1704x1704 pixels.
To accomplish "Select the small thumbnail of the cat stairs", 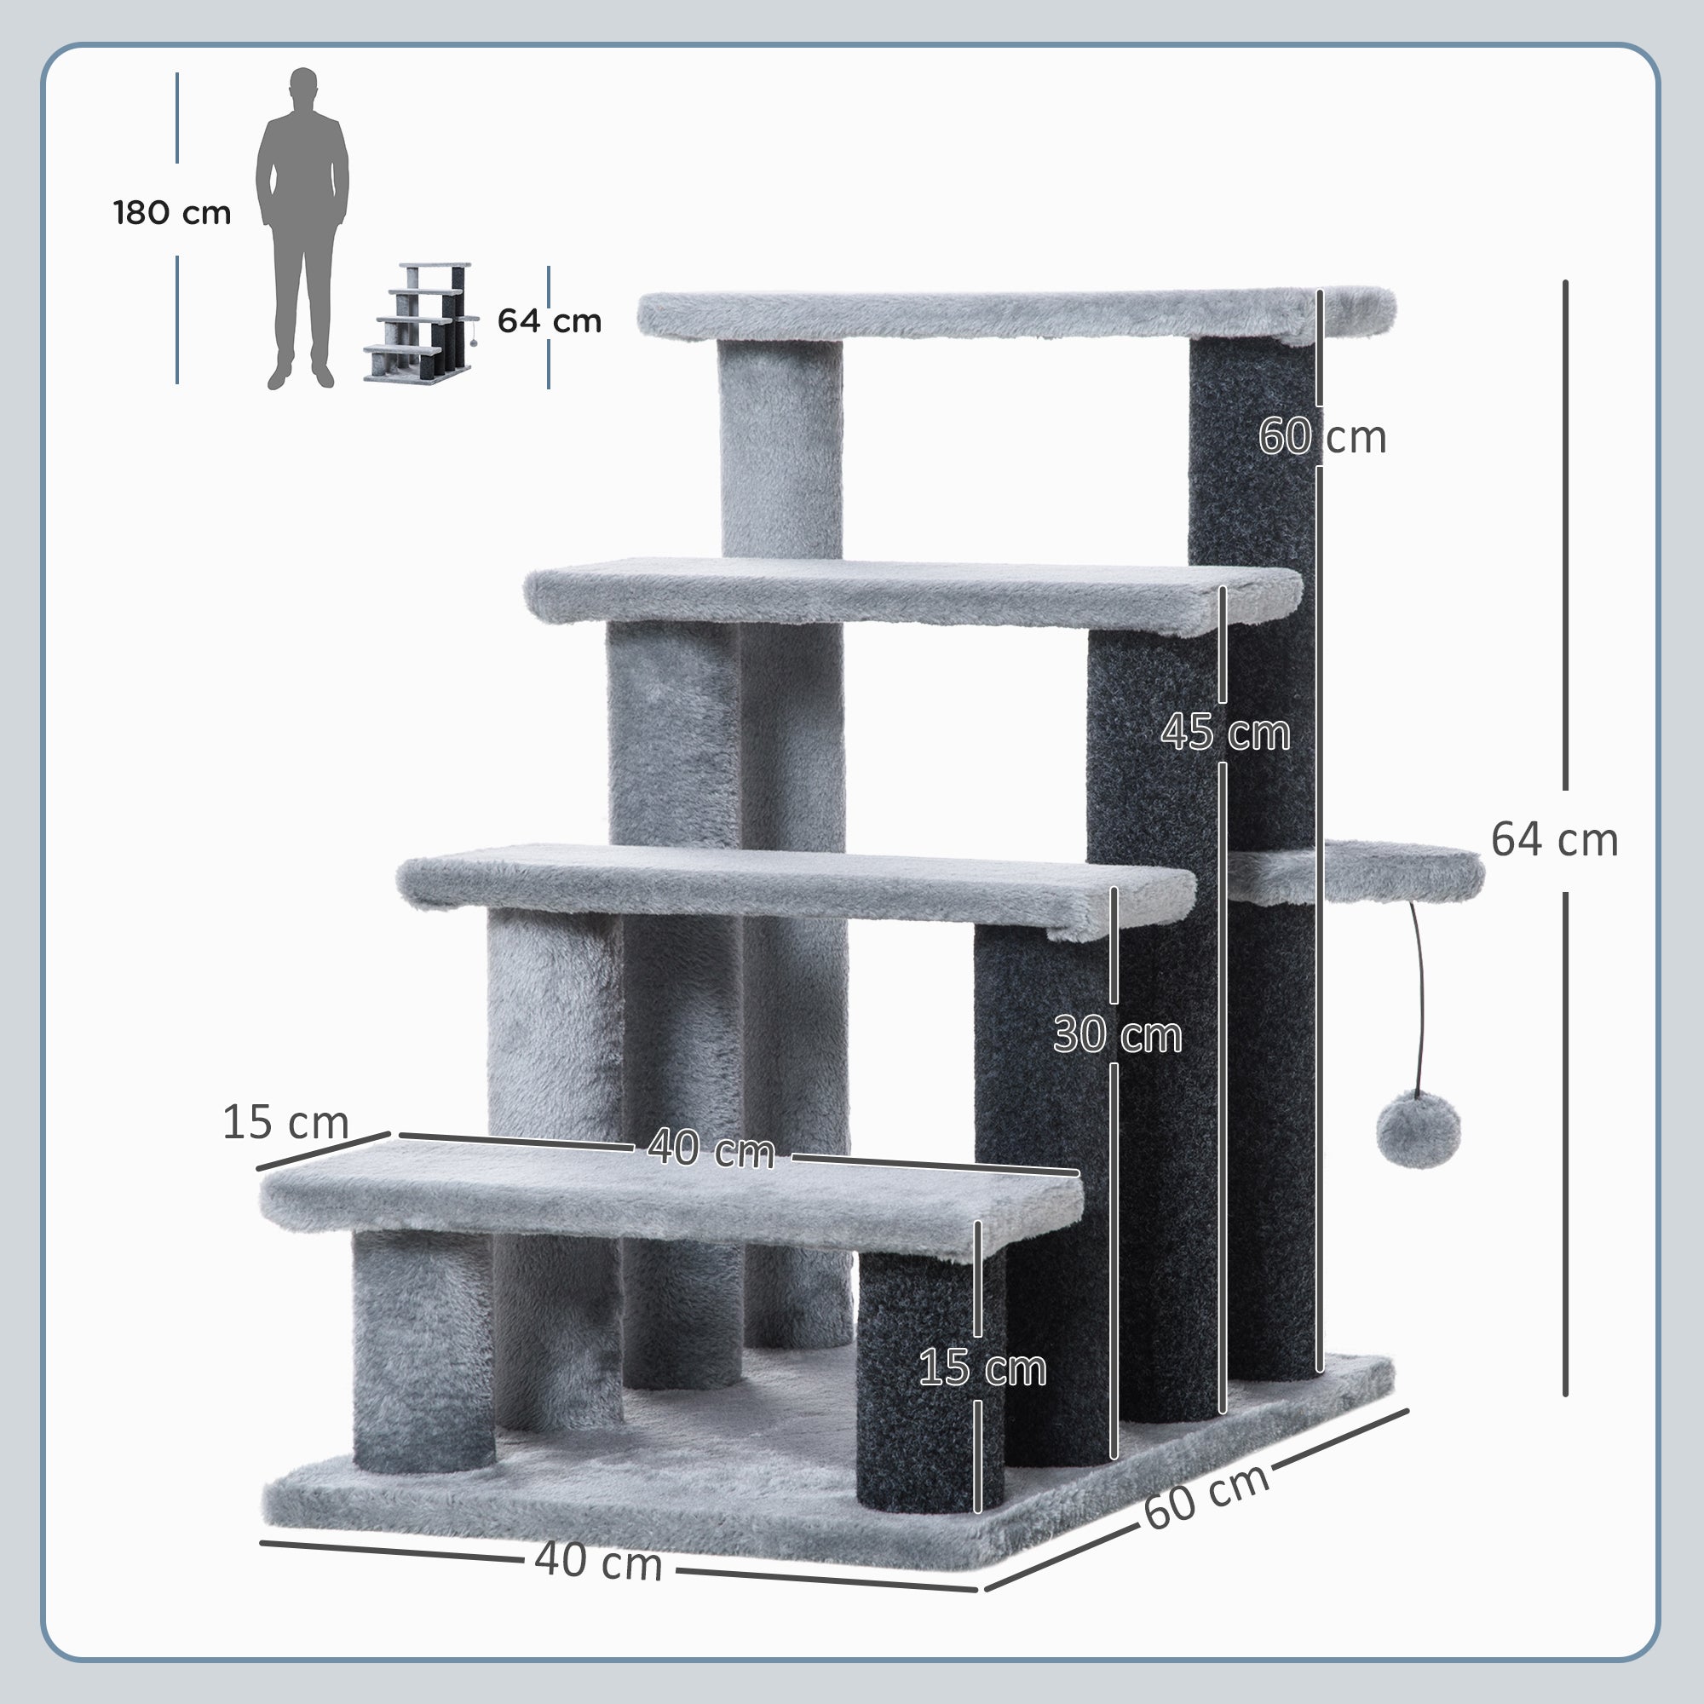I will (x=421, y=322).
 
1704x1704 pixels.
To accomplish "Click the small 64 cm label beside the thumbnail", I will (x=549, y=321).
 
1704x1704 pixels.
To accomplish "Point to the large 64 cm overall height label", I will (x=1554, y=841).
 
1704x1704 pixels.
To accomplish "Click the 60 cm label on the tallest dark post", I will (x=1321, y=436).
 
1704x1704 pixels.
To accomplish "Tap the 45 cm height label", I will (x=1224, y=732).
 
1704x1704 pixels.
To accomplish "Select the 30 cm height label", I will (x=1117, y=1034).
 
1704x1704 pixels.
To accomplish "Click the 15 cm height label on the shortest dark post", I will (x=982, y=1368).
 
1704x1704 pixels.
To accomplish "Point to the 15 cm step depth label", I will (x=285, y=1123).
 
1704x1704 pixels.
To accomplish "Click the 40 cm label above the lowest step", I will (x=711, y=1149).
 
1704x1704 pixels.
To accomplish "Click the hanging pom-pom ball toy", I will (x=1418, y=1130).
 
